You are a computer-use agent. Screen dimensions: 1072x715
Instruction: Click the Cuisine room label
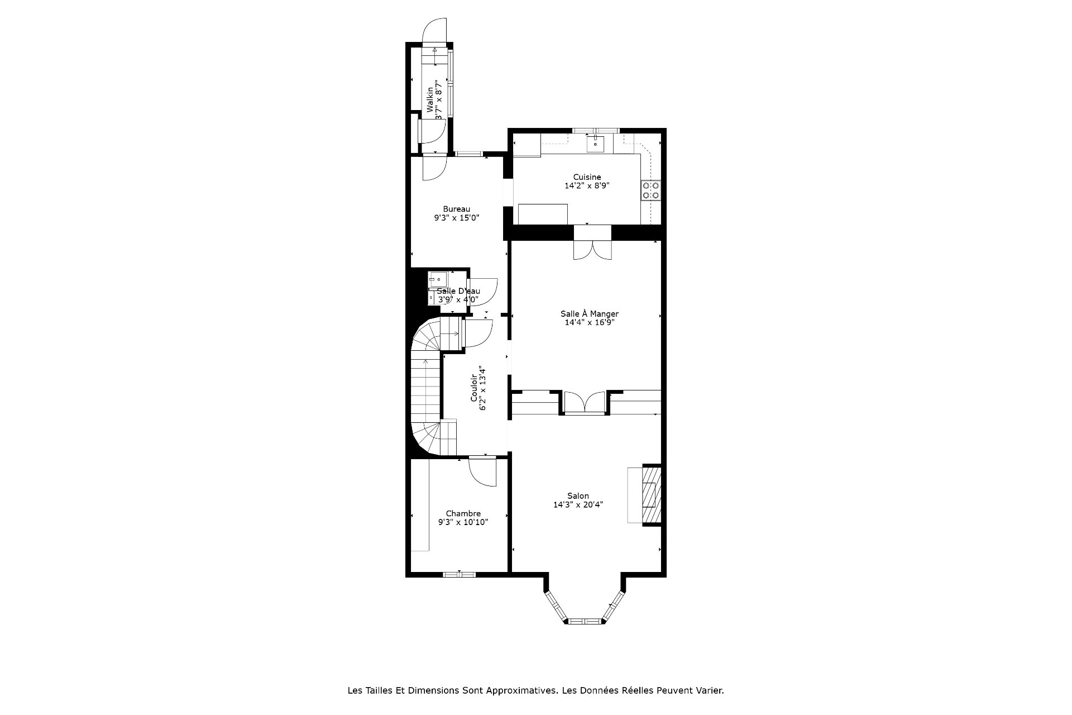[x=587, y=177]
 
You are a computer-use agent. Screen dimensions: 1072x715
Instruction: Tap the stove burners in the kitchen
[x=651, y=190]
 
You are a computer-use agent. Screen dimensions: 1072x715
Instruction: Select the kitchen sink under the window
[x=596, y=143]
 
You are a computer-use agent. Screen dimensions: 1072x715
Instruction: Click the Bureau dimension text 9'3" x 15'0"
[x=457, y=218]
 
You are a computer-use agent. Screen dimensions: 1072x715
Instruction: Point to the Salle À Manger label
[x=590, y=314]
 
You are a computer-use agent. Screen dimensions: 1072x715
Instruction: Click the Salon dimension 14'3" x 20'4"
[x=578, y=505]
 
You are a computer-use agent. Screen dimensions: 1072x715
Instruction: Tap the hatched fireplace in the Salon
[x=652, y=494]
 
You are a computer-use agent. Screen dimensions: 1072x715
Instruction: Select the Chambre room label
[x=463, y=514]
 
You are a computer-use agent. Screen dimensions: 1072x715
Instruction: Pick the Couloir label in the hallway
[x=474, y=388]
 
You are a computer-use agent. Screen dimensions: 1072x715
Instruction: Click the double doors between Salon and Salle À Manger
[x=584, y=403]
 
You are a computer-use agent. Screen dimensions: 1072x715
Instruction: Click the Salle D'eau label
[x=458, y=291]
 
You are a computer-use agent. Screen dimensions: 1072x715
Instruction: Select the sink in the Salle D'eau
[x=436, y=279]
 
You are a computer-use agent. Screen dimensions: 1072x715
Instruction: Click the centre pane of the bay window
[x=584, y=621]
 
